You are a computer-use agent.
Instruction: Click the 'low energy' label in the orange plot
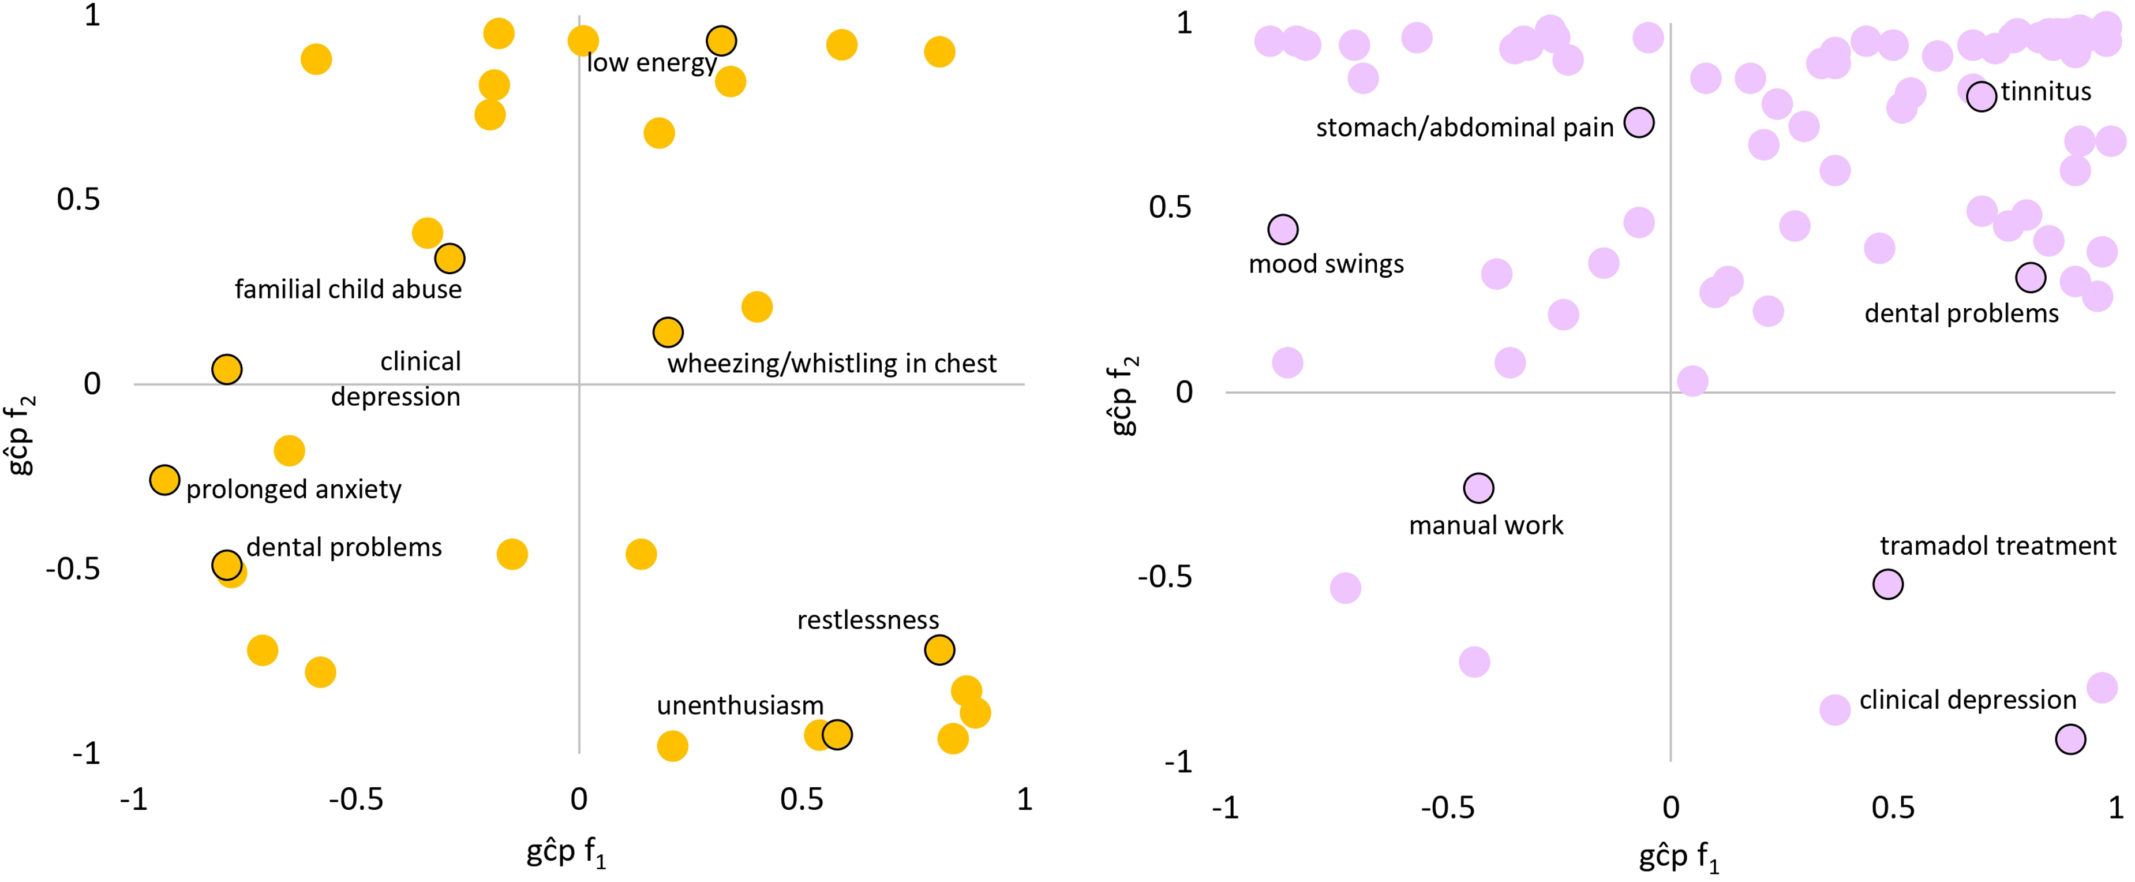(x=651, y=63)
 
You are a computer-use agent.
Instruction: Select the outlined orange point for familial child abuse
(x=449, y=259)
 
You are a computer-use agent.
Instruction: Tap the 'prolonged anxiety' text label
(x=293, y=490)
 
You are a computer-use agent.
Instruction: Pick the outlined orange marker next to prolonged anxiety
(x=165, y=480)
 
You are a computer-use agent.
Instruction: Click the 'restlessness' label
(x=868, y=620)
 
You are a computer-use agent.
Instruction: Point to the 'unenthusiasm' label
(x=740, y=705)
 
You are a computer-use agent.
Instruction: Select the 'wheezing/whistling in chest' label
(x=831, y=364)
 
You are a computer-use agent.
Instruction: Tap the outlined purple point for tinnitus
(x=1982, y=96)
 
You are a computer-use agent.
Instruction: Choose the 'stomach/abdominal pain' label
(x=1464, y=128)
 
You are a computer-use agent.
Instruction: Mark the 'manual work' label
(x=1486, y=525)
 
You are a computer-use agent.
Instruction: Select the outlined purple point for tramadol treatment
(x=1888, y=584)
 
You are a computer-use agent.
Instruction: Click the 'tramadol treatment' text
(x=1998, y=546)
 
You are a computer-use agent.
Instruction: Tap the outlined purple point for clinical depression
(x=2070, y=739)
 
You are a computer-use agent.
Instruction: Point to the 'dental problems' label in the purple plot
(x=1961, y=313)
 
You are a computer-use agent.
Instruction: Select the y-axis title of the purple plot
(x=1124, y=395)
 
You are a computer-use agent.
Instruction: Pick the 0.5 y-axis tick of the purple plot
(x=1170, y=207)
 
